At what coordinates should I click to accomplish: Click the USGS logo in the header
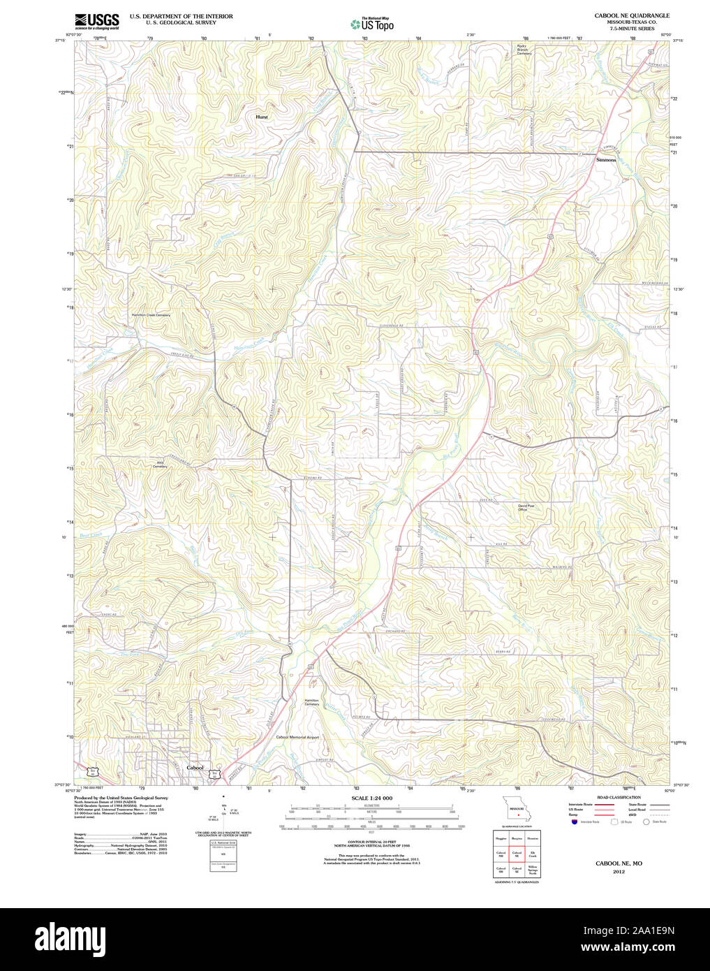(96, 20)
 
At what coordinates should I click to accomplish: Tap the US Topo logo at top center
(372, 24)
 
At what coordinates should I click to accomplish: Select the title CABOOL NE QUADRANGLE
(631, 15)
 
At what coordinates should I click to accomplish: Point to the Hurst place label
(261, 117)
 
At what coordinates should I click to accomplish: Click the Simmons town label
(606, 160)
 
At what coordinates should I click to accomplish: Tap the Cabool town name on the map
(195, 768)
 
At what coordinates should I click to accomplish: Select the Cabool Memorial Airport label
(297, 737)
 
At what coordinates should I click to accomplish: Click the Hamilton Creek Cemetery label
(151, 315)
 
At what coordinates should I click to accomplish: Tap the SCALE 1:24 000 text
(371, 798)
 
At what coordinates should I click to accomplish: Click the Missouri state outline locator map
(517, 809)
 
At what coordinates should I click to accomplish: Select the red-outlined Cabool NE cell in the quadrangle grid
(517, 854)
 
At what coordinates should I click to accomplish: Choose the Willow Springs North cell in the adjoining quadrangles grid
(533, 870)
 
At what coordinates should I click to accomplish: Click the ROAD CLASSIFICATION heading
(619, 797)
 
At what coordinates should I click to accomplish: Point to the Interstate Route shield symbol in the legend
(574, 822)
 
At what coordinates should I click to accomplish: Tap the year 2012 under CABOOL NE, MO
(619, 872)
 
